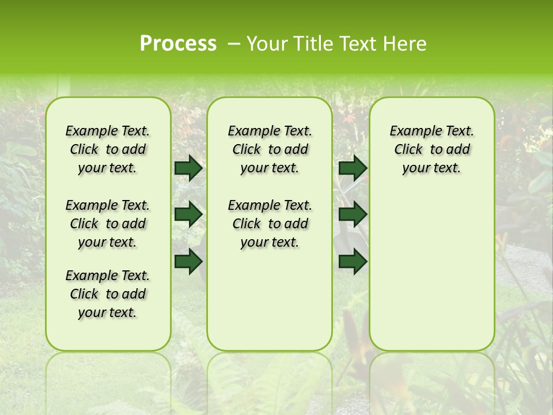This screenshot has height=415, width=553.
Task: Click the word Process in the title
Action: pyautogui.click(x=178, y=44)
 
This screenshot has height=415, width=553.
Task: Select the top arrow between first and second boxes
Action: pyautogui.click(x=188, y=168)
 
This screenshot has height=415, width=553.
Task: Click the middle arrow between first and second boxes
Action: pyautogui.click(x=188, y=214)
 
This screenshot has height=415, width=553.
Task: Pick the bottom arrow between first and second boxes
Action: pyautogui.click(x=188, y=261)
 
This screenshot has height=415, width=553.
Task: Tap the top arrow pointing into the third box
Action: pyautogui.click(x=353, y=168)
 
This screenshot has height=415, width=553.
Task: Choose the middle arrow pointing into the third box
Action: pyautogui.click(x=353, y=214)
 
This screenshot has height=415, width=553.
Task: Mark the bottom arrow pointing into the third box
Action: pyautogui.click(x=353, y=261)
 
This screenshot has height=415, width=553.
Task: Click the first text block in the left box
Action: pyautogui.click(x=108, y=149)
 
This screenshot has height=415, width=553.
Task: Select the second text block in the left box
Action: pyautogui.click(x=108, y=224)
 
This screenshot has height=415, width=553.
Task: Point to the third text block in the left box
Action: pyautogui.click(x=108, y=294)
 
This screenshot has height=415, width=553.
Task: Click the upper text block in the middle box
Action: pyautogui.click(x=270, y=149)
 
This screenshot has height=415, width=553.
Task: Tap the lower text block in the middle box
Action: pyautogui.click(x=270, y=224)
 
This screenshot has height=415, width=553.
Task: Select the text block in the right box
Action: pyautogui.click(x=431, y=149)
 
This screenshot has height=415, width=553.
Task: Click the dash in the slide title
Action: pyautogui.click(x=233, y=44)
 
